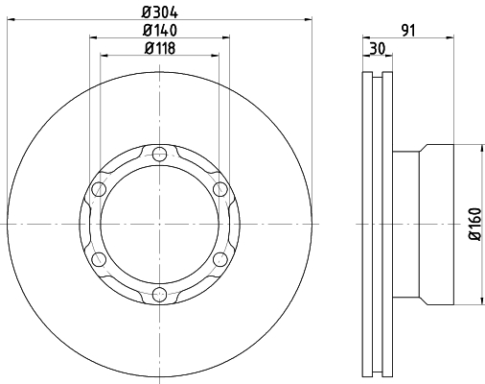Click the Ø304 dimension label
[x=160, y=12]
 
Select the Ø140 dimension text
[x=160, y=31]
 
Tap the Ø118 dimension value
[x=160, y=48]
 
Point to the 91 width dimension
[x=408, y=31]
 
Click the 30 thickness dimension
[x=378, y=48]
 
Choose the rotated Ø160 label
[x=475, y=224]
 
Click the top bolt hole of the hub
[x=159, y=155]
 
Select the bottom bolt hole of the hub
[x=159, y=295]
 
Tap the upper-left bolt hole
[x=99, y=189]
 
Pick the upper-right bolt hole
[x=220, y=189]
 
